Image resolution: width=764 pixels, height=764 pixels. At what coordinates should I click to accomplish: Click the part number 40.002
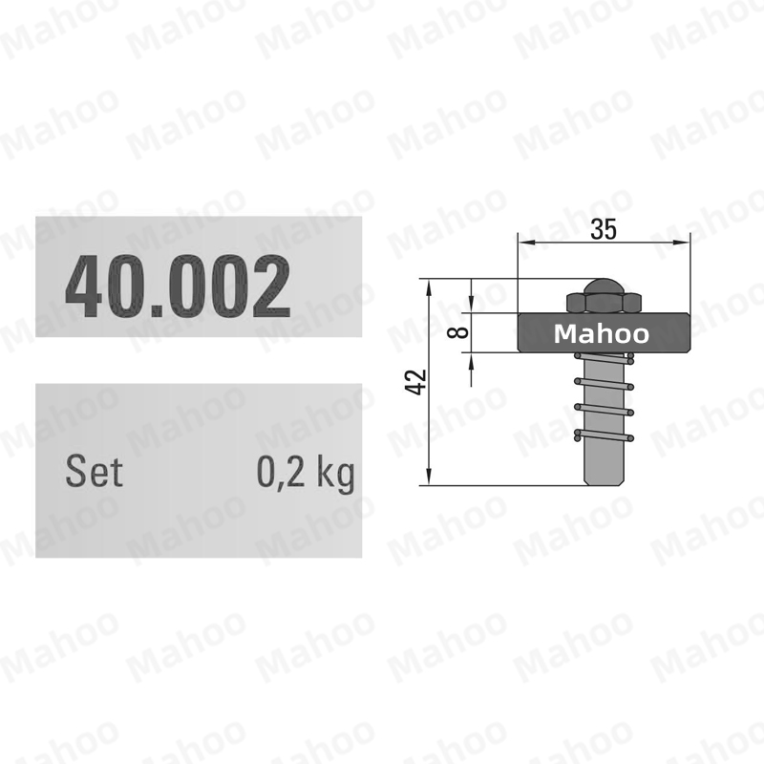coord(178,286)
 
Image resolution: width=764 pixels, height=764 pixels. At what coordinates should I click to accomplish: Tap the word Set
coord(94,471)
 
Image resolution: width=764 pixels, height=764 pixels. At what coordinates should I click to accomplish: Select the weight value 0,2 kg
coord(306,473)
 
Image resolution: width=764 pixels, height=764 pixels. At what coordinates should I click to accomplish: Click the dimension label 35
coord(604,229)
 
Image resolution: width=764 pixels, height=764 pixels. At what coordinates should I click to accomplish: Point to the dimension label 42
coord(415,382)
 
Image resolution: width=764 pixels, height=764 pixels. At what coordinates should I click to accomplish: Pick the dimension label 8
coord(458,332)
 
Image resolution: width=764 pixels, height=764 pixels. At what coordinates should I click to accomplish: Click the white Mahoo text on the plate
coord(602,333)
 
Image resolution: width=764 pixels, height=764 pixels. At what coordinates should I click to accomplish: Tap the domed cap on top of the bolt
coord(604,286)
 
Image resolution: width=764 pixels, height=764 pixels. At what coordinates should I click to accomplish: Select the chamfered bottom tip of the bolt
coord(605,481)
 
